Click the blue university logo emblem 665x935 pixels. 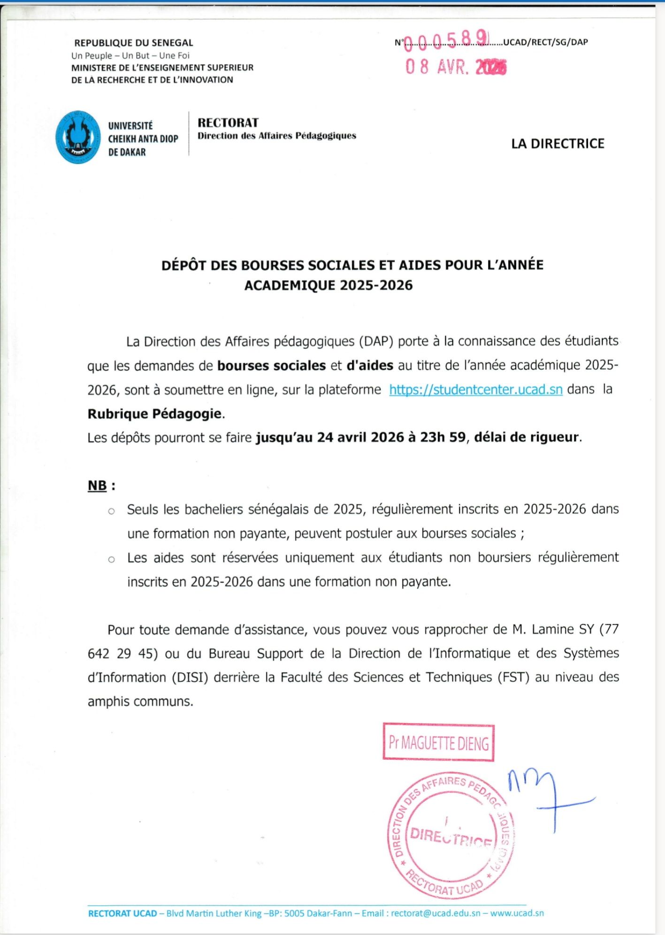78,137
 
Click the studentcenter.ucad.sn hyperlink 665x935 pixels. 475,390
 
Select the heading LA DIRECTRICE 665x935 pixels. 558,144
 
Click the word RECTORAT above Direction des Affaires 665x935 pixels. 228,123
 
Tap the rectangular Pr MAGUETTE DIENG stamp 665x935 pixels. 438,742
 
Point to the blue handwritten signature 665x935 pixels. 549,798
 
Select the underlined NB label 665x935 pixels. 97,485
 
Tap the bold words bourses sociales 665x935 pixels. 271,365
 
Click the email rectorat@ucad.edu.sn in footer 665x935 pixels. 436,913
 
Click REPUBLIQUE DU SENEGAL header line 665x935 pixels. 134,43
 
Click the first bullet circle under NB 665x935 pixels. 111,511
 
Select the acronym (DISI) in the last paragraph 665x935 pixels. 190,678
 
